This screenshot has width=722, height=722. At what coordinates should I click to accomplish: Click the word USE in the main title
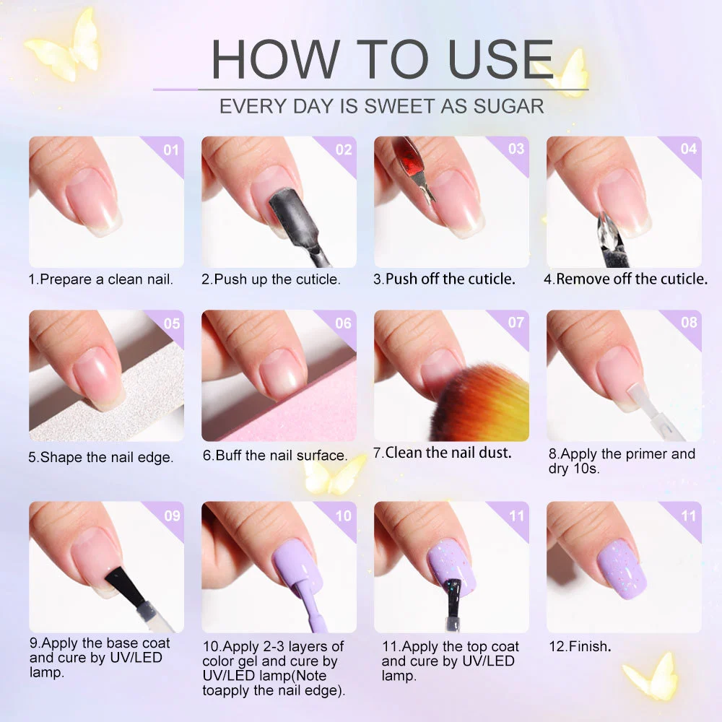[x=500, y=59]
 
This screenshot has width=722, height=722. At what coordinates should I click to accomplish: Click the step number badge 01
[x=171, y=150]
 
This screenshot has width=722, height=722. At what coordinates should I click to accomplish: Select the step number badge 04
[x=688, y=149]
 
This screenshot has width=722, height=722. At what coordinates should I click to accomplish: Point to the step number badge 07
[x=516, y=322]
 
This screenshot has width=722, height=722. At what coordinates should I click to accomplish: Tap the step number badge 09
[x=172, y=516]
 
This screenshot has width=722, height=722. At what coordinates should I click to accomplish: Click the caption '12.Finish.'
[x=580, y=646]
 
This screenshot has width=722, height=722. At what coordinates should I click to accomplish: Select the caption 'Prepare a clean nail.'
[x=106, y=279]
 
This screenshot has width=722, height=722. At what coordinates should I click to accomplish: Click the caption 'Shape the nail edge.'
[x=106, y=457]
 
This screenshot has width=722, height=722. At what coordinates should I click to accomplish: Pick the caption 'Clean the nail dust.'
[x=448, y=453]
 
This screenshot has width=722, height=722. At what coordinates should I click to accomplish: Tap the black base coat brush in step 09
[x=125, y=586]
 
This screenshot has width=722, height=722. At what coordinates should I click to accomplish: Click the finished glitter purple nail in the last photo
[x=622, y=569]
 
